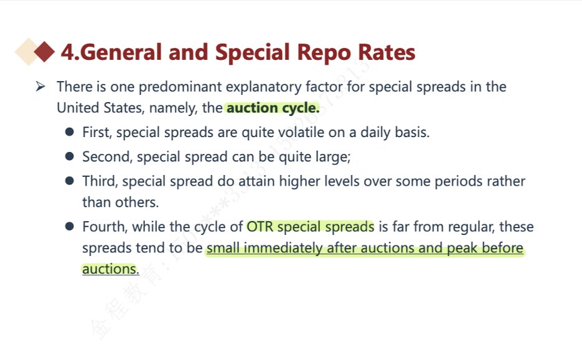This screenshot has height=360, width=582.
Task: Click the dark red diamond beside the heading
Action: pos(45,52)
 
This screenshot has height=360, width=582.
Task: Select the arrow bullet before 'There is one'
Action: pos(40,87)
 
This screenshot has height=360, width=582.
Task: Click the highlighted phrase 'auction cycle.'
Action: pos(273,108)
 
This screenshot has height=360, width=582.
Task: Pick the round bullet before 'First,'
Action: pos(70,132)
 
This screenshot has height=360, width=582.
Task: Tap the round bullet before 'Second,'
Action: pos(70,156)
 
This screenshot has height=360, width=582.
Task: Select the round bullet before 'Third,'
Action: pos(70,181)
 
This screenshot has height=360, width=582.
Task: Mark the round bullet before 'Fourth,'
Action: pos(70,226)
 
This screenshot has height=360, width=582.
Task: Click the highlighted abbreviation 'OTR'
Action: pos(260,227)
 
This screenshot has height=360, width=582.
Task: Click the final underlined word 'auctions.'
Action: pos(111,269)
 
